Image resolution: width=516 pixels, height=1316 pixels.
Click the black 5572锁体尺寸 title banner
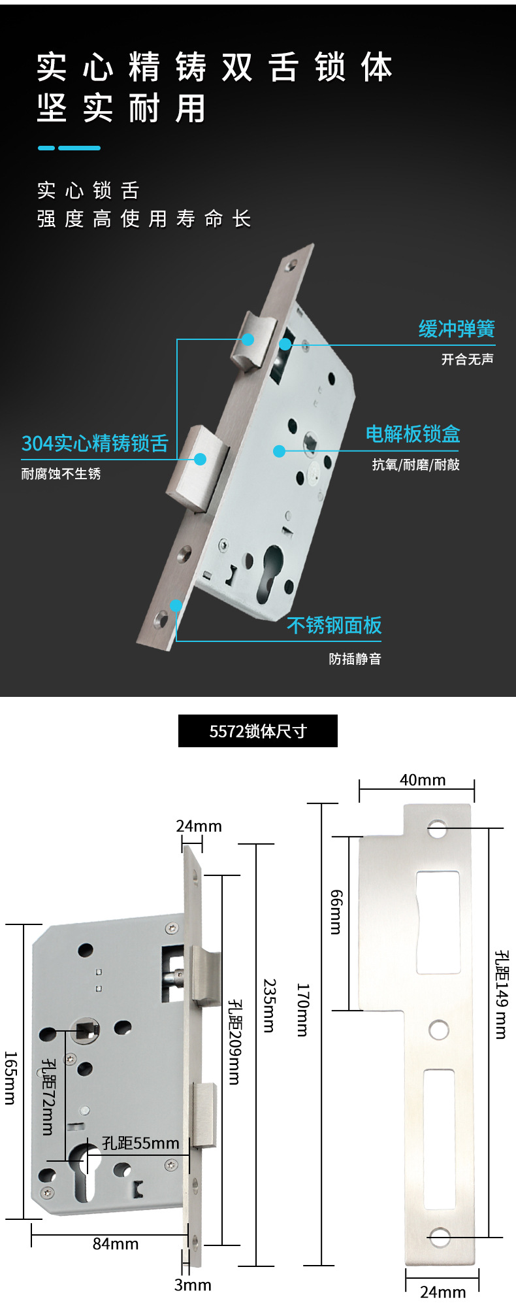(258, 731)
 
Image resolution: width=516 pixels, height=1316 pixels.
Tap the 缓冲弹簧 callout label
(457, 329)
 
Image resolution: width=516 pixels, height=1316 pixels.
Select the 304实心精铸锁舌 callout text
(95, 443)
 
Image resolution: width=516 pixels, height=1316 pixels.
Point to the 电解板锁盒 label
(413, 434)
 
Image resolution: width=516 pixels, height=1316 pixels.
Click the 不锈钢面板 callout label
(334, 626)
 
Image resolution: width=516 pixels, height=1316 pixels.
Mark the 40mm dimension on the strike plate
(423, 780)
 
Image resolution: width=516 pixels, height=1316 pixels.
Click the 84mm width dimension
(116, 1243)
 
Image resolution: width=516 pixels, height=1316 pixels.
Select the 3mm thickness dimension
(193, 1285)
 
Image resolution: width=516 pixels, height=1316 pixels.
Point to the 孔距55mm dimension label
(140, 1143)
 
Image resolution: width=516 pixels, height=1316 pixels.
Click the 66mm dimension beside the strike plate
(336, 912)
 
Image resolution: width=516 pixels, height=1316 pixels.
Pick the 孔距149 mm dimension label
(501, 994)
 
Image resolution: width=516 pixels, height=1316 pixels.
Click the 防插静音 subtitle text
(355, 659)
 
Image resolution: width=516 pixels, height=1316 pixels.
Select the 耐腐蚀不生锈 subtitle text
(61, 474)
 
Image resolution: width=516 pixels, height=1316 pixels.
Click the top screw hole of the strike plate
(438, 830)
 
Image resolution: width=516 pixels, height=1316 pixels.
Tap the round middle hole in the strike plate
(439, 1030)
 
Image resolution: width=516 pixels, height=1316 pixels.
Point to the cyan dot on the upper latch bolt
(248, 339)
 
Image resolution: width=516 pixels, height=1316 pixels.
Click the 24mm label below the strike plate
(443, 1292)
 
